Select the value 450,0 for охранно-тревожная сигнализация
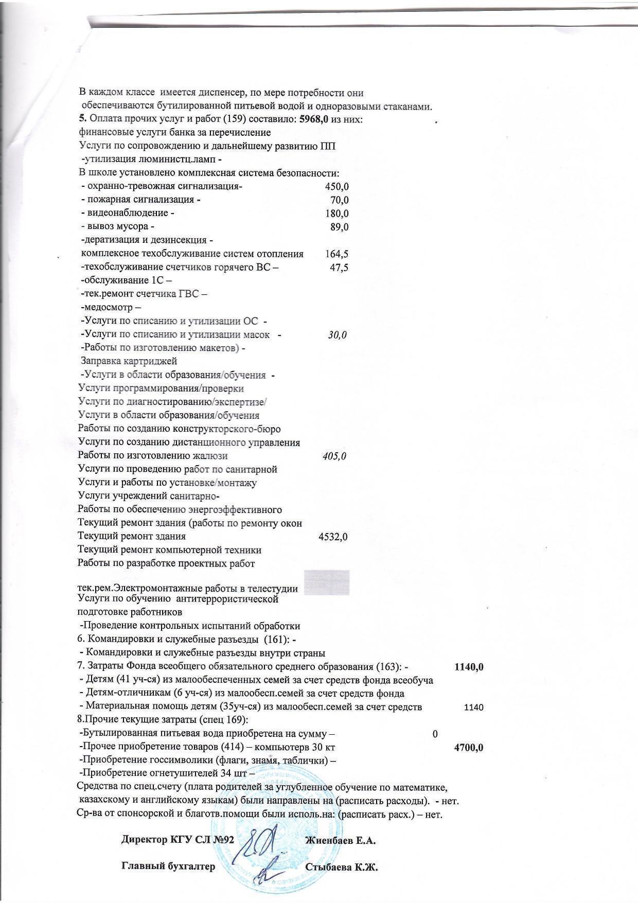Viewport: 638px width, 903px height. (337, 187)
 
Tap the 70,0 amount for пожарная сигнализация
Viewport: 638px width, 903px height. (340, 200)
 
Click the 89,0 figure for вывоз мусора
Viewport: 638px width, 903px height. (340, 227)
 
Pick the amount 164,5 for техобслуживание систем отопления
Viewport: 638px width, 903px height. (337, 254)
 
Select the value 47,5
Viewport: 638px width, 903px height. (339, 267)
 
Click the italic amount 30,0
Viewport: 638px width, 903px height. (338, 335)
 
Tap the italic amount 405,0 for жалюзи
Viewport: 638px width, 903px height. (334, 456)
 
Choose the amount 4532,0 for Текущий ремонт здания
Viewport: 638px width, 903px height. (333, 537)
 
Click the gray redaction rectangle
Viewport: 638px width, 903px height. (327, 582)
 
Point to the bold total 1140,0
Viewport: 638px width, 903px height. (469, 667)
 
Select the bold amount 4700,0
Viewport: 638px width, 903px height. (469, 748)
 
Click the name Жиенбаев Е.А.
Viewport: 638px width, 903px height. (341, 841)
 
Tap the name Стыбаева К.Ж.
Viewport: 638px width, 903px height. (342, 867)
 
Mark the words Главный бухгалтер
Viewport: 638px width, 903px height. (168, 867)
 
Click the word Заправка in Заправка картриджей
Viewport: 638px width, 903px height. (100, 361)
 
